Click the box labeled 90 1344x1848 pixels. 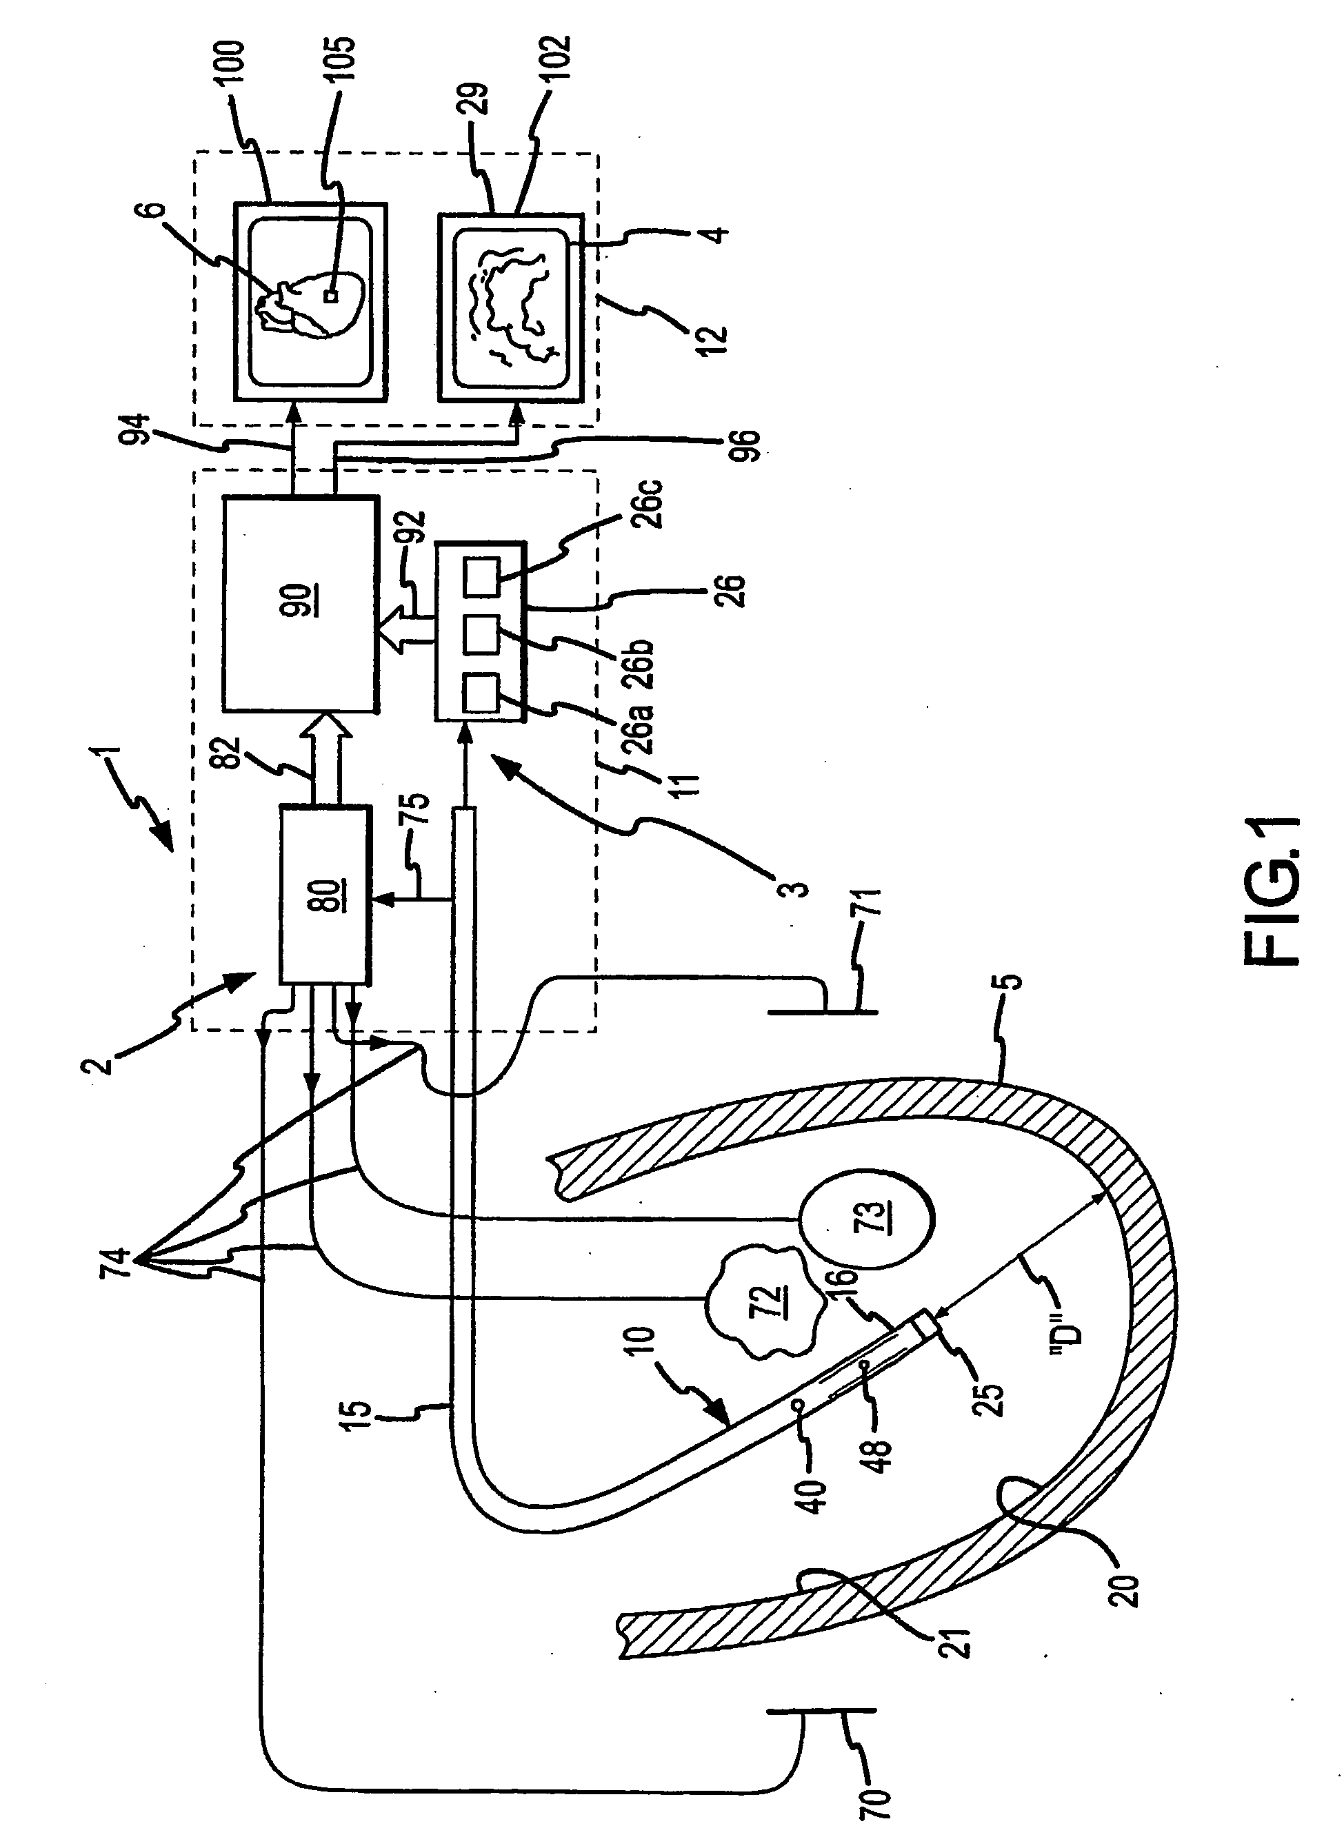point(299,604)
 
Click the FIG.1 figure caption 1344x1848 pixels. point(1275,892)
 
